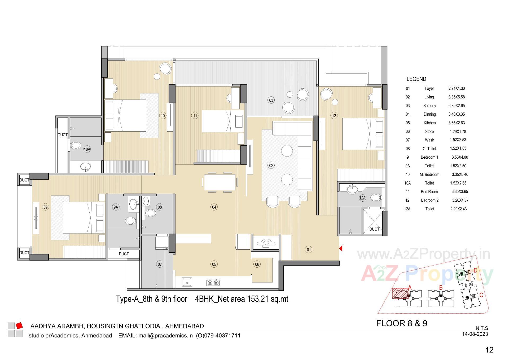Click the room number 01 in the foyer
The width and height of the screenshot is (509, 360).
pyautogui.click(x=309, y=250)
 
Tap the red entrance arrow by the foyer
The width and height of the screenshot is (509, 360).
pyautogui.click(x=341, y=249)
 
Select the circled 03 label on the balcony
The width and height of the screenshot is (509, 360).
pyautogui.click(x=271, y=100)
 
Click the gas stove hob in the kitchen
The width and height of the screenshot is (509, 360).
pyautogui.click(x=213, y=283)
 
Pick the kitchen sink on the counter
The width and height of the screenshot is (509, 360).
pyautogui.click(x=187, y=282)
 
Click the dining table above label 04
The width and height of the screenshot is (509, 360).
pyautogui.click(x=220, y=182)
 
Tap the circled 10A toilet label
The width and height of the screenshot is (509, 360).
pyautogui.click(x=87, y=149)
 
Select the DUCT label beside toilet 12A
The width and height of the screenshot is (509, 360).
pyautogui.click(x=374, y=229)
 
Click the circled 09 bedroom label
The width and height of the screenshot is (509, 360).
pyautogui.click(x=46, y=207)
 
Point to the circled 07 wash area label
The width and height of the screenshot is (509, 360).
pyautogui.click(x=160, y=264)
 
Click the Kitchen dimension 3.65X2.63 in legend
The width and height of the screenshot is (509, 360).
pyautogui.click(x=457, y=123)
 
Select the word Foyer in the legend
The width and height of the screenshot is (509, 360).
pyautogui.click(x=429, y=89)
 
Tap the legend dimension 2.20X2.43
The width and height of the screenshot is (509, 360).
pyautogui.click(x=458, y=209)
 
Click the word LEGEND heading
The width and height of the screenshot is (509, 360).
pyautogui.click(x=416, y=79)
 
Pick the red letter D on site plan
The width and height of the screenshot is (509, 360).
pyautogui.click(x=475, y=270)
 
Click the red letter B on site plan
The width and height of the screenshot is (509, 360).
pyautogui.click(x=441, y=288)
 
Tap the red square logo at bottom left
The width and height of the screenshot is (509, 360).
pyautogui.click(x=19, y=325)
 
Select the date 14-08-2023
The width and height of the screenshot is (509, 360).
pyautogui.click(x=475, y=334)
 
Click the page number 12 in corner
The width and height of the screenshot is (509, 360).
pyautogui.click(x=489, y=350)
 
